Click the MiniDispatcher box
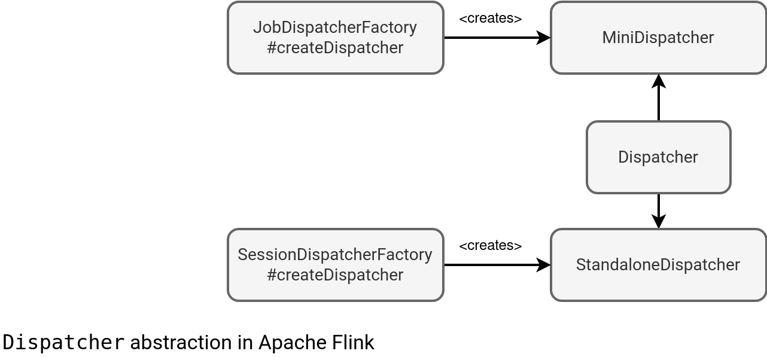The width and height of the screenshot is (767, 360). pyautogui.click(x=658, y=38)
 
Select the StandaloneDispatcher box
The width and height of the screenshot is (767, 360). pyautogui.click(x=658, y=265)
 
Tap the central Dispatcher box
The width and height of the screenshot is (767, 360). pyautogui.click(x=658, y=157)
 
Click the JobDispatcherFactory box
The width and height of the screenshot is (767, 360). pyautogui.click(x=335, y=38)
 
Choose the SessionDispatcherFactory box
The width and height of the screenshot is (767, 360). pyautogui.click(x=335, y=265)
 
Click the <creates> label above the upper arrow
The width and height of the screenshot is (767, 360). pyautogui.click(x=490, y=19)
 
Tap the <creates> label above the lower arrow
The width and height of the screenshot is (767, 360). pyautogui.click(x=490, y=246)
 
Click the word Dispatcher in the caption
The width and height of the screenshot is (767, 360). pyautogui.click(x=64, y=343)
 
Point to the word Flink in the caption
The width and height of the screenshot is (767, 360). pyautogui.click(x=353, y=343)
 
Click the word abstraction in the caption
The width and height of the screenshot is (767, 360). pyautogui.click(x=191, y=343)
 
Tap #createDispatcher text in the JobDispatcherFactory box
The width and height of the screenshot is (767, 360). pyautogui.click(x=335, y=48)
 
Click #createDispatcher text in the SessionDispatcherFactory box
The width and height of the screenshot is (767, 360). pyautogui.click(x=335, y=275)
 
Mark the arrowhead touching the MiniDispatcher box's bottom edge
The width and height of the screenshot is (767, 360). pyautogui.click(x=659, y=81)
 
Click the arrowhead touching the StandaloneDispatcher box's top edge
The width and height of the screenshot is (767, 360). pyautogui.click(x=659, y=222)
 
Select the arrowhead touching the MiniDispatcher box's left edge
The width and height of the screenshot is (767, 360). pyautogui.click(x=544, y=38)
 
